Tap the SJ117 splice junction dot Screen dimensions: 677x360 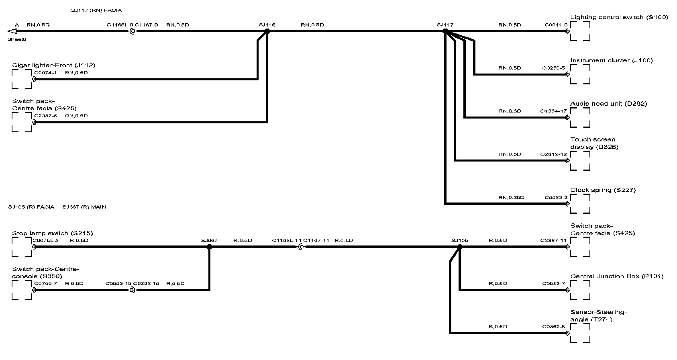click(445, 31)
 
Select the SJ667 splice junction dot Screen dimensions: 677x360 click(209, 247)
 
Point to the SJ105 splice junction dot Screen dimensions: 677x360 click(460, 247)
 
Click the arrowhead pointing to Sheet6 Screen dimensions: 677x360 click(11, 31)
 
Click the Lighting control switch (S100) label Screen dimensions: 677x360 click(619, 17)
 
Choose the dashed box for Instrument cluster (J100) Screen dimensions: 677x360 click(580, 74)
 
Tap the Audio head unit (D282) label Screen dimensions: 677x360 click(608, 104)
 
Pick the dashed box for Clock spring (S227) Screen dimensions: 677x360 click(580, 204)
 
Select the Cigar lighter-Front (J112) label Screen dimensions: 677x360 click(53, 65)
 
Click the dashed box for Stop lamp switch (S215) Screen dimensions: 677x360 click(22, 247)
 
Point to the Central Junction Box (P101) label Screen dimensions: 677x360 click(617, 276)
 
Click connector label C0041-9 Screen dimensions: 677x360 click(556, 25)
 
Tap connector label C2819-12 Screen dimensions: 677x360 click(553, 154)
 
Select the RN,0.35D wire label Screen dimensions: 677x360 click(511, 198)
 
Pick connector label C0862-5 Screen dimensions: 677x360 click(553, 327)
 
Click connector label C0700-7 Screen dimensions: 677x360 click(45, 284)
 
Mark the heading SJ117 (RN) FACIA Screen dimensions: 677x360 click(96, 10)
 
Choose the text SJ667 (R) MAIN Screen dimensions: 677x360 click(84, 207)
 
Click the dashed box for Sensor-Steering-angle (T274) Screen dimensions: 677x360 click(580, 333)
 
